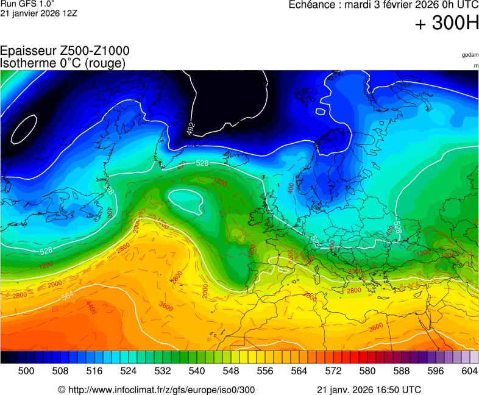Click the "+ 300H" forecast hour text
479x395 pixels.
click(447, 24)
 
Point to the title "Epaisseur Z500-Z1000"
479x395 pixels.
click(65, 51)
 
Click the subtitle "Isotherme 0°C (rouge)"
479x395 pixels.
click(63, 63)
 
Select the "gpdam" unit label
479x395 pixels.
click(470, 55)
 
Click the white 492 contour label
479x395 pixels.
click(191, 129)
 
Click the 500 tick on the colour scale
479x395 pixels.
click(26, 370)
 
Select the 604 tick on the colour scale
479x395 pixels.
click(469, 370)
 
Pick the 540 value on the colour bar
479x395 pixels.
click(197, 370)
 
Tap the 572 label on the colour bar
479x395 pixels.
click(333, 370)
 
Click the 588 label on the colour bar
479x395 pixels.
click(402, 370)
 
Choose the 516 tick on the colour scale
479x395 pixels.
click(94, 370)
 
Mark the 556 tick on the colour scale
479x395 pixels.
click(265, 370)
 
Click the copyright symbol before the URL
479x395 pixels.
click(62, 390)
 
